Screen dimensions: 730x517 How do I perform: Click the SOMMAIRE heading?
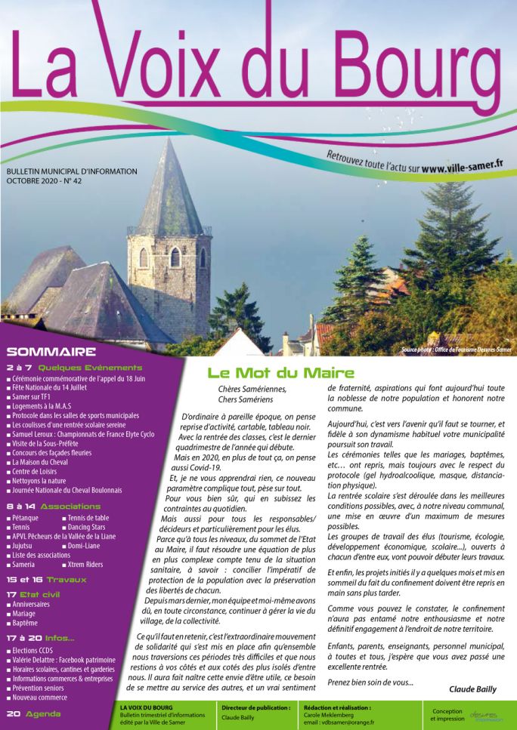point(51,352)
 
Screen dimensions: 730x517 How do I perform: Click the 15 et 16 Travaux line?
point(48,580)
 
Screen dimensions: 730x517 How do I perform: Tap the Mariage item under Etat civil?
point(26,614)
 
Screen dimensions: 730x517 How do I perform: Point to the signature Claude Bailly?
point(472,689)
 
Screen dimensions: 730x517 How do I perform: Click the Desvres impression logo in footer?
point(486,715)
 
